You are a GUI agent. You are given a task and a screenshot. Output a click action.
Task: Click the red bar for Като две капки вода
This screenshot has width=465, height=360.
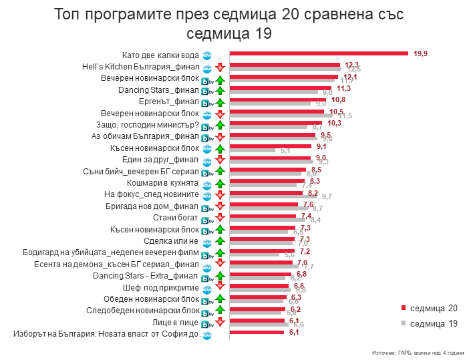point(319,53)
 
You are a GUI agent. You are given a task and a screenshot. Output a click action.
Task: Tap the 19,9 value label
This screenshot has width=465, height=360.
point(421,53)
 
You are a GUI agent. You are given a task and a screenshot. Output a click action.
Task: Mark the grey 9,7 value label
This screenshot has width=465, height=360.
point(327,196)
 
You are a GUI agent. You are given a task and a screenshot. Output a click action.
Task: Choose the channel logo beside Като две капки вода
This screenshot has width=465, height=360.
point(207,55)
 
